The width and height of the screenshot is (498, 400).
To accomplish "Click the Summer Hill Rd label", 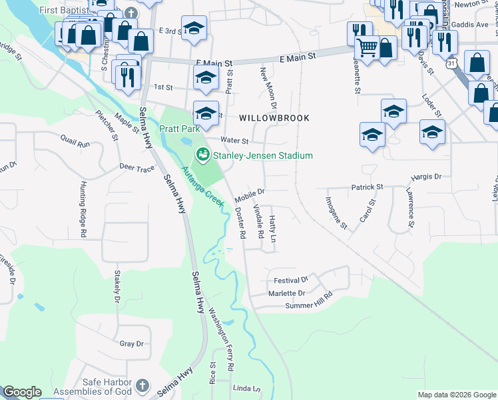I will pyautogui.click(x=308, y=301).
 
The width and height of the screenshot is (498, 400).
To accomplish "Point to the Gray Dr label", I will pyautogui.click(x=131, y=343).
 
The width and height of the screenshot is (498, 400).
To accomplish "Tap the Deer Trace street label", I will pyautogui.click(x=136, y=168).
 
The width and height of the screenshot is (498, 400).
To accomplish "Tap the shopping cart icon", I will pyautogui.click(x=367, y=47).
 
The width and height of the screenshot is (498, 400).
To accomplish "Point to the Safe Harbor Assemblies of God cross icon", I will pyautogui.click(x=142, y=385).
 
